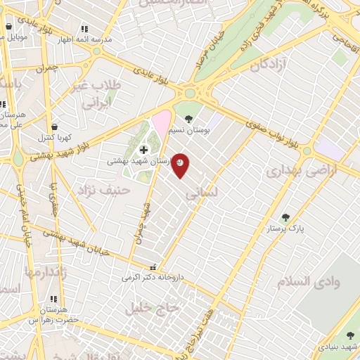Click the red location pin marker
point(181,165)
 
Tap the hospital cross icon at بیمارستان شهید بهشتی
point(144,150)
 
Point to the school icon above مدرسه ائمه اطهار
point(84,30)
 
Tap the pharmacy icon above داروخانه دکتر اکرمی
point(153,267)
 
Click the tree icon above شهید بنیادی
point(351,335)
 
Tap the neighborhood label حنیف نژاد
point(96,188)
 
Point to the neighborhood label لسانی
point(205,191)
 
